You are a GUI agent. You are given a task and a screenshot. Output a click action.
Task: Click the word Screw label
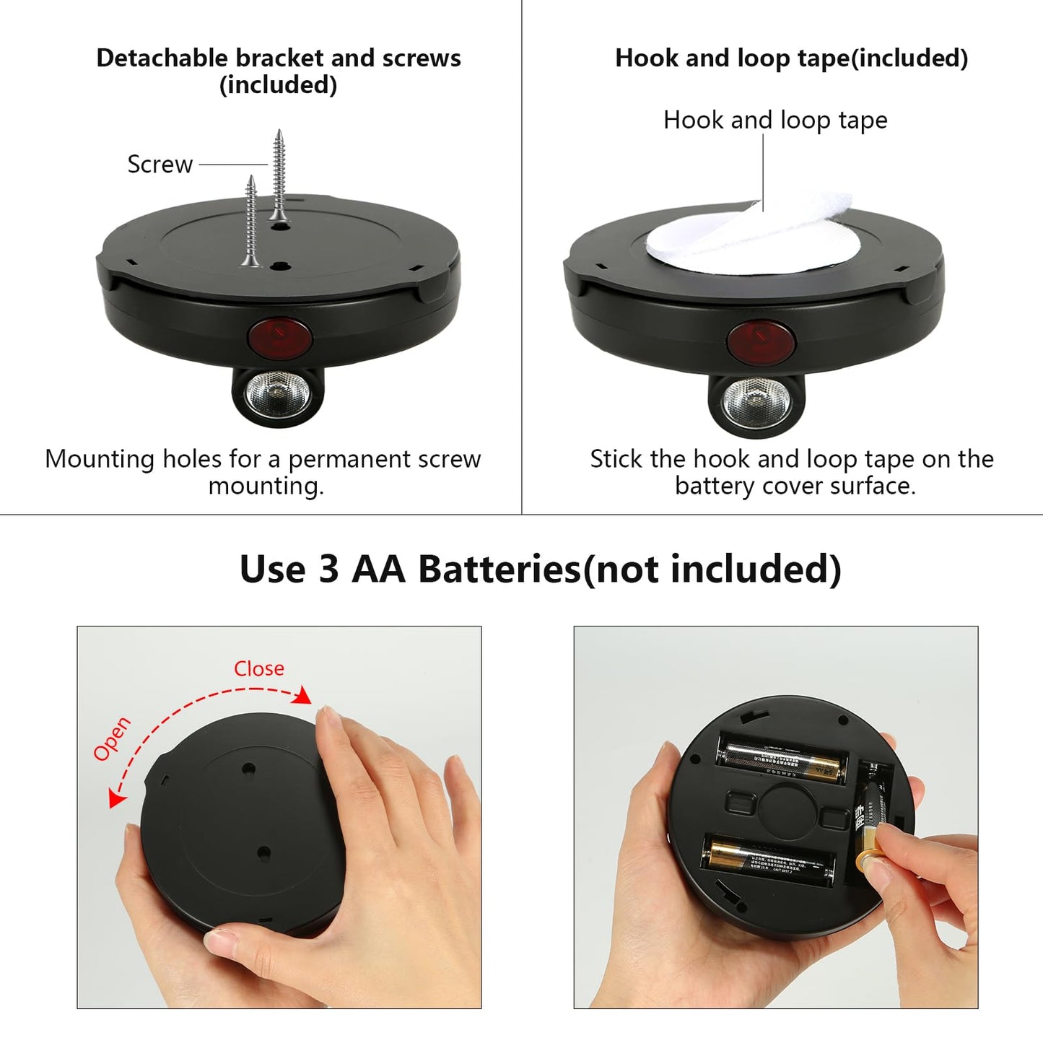(160, 165)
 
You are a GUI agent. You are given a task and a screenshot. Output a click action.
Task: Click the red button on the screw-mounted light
(279, 336)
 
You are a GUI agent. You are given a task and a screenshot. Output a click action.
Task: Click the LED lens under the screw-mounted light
(277, 395)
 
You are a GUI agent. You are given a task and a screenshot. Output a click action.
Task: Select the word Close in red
(258, 668)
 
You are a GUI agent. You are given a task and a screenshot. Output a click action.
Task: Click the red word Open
(112, 738)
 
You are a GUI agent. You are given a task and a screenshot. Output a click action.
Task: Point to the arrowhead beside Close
(305, 696)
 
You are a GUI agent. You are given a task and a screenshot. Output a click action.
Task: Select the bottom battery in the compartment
(768, 858)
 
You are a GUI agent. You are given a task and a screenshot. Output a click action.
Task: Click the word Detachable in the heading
(163, 58)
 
